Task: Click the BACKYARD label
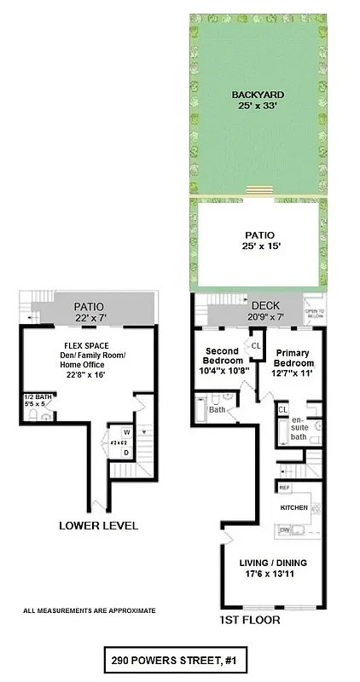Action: (x=257, y=95)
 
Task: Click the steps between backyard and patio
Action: (x=257, y=190)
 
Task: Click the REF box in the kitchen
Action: (x=283, y=488)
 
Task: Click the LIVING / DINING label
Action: (x=274, y=564)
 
